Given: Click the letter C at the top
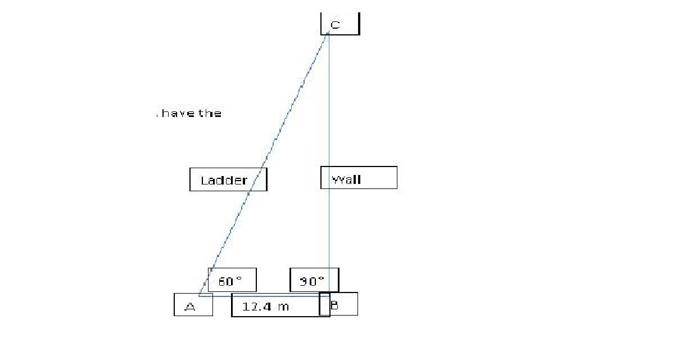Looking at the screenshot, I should click(x=335, y=25).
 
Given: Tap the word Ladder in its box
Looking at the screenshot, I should click(x=224, y=181).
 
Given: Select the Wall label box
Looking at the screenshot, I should click(x=359, y=178).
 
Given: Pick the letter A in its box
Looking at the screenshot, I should click(x=190, y=307).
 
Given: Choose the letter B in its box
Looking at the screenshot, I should click(x=334, y=306).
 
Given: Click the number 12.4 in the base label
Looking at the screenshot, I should click(x=257, y=307).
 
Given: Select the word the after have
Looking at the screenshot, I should click(x=210, y=114).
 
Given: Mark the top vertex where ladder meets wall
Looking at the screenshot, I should click(x=328, y=33).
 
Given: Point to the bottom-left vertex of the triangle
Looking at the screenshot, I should click(x=198, y=295).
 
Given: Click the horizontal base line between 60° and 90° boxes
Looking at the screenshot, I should click(x=273, y=295).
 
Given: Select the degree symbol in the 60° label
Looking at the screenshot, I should click(x=239, y=278).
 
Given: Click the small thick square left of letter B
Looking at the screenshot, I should click(x=324, y=304).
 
